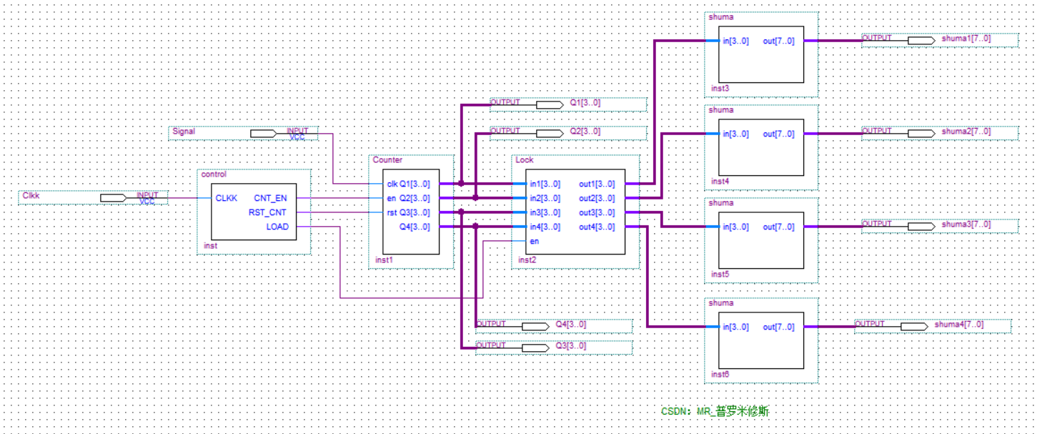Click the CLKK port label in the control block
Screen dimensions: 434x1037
tap(227, 198)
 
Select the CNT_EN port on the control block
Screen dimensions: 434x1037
tap(270, 198)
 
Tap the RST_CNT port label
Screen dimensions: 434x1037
tap(267, 212)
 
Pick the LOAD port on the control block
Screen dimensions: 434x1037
tap(277, 227)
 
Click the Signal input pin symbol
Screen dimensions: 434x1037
tap(263, 133)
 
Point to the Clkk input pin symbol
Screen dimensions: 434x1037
tap(113, 197)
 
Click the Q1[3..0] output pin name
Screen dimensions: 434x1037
tap(585, 103)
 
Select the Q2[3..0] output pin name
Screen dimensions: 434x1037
tap(585, 132)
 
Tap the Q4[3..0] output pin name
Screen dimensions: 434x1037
tap(570, 325)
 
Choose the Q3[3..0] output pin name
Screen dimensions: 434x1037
tap(570, 346)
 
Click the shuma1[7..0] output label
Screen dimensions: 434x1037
tap(966, 39)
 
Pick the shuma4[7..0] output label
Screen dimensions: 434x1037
tap(959, 325)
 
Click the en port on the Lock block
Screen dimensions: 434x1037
tap(534, 242)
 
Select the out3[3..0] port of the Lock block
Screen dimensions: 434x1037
tap(596, 212)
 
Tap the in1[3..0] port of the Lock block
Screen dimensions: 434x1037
tap(545, 184)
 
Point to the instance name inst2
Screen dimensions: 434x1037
tap(527, 260)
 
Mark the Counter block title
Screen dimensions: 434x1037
tap(387, 160)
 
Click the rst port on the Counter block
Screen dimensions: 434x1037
tap(392, 212)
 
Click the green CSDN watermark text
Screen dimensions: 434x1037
tap(715, 411)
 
